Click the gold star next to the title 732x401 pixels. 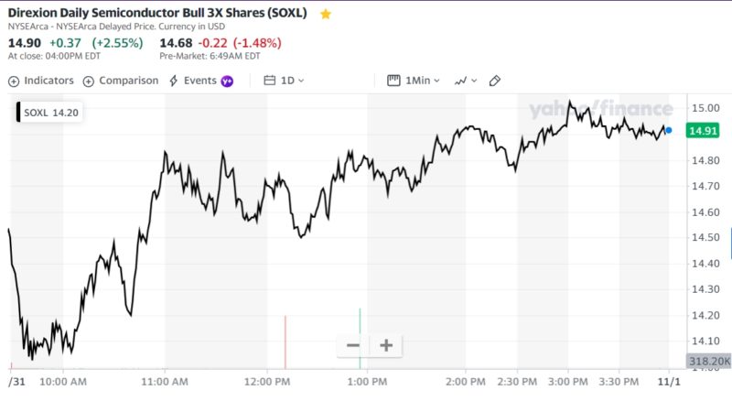tap(326, 15)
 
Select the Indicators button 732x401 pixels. tap(41, 81)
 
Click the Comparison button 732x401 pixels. tap(121, 81)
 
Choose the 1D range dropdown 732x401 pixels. tap(284, 81)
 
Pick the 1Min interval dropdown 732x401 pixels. tap(414, 81)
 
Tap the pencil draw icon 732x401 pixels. tap(495, 81)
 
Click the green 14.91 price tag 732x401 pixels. tap(705, 131)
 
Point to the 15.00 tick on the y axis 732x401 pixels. tap(705, 108)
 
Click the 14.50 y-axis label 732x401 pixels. tap(705, 237)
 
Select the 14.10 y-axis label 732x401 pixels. tap(705, 341)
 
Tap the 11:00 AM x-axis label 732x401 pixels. tap(166, 381)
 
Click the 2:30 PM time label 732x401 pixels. tap(518, 381)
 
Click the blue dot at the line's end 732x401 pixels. tap(669, 131)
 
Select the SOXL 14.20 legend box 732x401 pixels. tap(49, 113)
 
